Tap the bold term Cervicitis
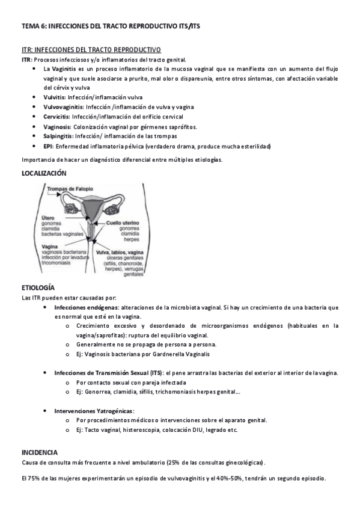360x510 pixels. tap(56, 117)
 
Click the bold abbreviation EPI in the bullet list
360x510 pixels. tap(49, 146)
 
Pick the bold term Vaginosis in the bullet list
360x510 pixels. tap(57, 126)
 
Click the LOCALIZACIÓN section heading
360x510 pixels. tap(44, 173)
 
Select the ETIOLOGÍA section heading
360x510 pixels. tap(38, 289)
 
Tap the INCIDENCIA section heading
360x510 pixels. tap(40, 452)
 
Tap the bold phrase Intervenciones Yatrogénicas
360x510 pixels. tap(94, 411)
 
